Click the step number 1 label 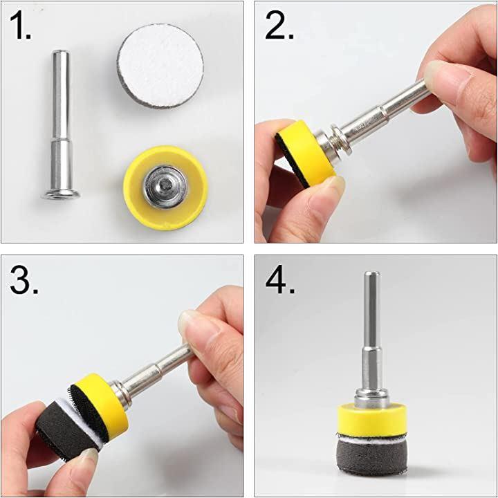(x=21, y=26)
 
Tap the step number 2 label (x=279, y=26)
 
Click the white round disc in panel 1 (x=160, y=66)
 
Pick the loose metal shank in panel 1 (x=60, y=124)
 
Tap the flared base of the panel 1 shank (x=60, y=194)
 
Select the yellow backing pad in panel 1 (x=166, y=187)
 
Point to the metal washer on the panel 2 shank (x=338, y=139)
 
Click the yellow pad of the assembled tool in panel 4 (x=372, y=418)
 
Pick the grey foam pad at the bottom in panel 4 (x=372, y=456)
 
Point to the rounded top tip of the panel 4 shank (x=372, y=274)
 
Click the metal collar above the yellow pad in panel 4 (x=372, y=398)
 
